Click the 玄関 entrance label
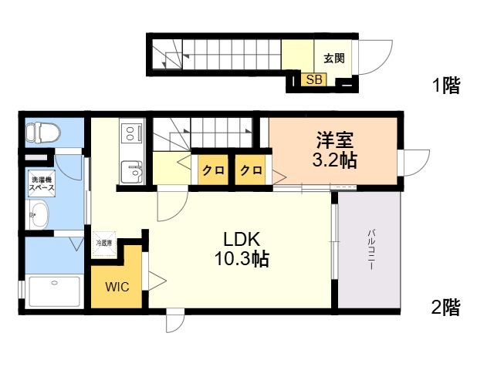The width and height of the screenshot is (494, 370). pyautogui.click(x=334, y=59)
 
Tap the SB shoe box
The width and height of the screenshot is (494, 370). pyautogui.click(x=314, y=79)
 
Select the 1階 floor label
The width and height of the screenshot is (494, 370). pyautogui.click(x=446, y=85)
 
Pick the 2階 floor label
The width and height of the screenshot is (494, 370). pyautogui.click(x=445, y=307)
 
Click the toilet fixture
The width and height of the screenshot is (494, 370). pyautogui.click(x=42, y=132)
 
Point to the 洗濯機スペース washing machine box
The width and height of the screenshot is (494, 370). pyautogui.click(x=42, y=184)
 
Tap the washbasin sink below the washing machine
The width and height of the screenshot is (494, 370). pyautogui.click(x=39, y=214)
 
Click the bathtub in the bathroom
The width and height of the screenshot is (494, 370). pyautogui.click(x=54, y=291)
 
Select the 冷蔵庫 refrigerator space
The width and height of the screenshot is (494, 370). pyautogui.click(x=104, y=244)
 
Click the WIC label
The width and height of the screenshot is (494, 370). pyautogui.click(x=117, y=287)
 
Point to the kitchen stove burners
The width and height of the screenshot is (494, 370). pyautogui.click(x=131, y=133)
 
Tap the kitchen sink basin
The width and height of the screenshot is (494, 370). pyautogui.click(x=132, y=171)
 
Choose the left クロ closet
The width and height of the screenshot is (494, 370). pyautogui.click(x=213, y=170)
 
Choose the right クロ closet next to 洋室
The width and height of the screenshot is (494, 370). pyautogui.click(x=251, y=170)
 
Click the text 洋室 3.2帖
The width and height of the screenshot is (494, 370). pyautogui.click(x=334, y=150)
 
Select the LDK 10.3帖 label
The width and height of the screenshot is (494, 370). pyautogui.click(x=242, y=249)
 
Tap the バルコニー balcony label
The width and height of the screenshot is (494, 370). pyautogui.click(x=370, y=250)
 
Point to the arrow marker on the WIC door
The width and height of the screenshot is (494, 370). pyautogui.click(x=157, y=281)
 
